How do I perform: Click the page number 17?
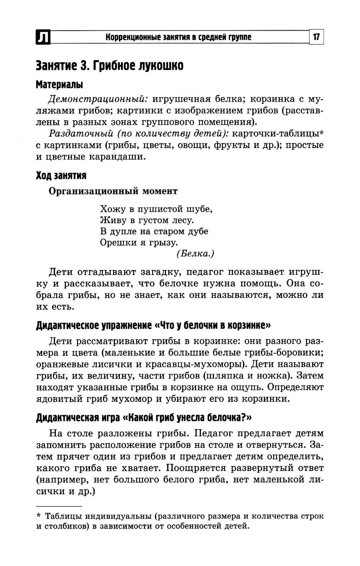coord(316,37)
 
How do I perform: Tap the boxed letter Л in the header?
coord(43,37)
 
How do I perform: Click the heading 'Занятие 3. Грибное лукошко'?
coord(109,66)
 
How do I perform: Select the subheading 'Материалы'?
coord(59,85)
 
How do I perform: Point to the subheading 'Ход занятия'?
coord(61,175)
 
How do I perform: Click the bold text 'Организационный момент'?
coord(113,191)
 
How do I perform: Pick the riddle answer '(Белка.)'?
coord(195,253)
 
